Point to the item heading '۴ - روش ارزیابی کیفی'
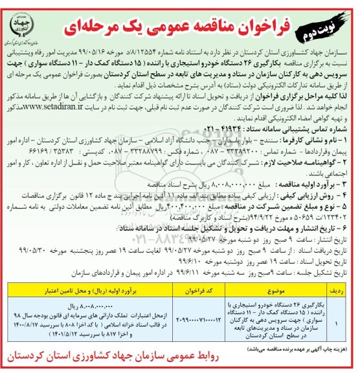click(311, 183)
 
